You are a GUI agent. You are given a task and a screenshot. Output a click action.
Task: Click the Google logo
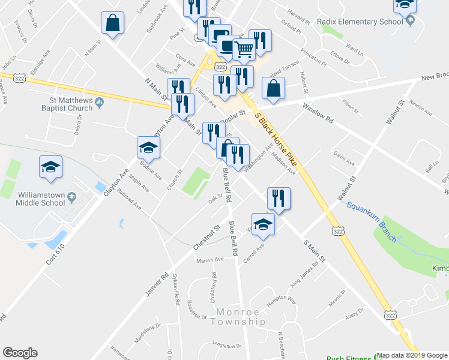tap(20, 353)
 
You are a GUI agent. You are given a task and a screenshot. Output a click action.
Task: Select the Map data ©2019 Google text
tap(411, 355)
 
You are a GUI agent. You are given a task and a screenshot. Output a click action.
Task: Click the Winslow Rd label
tap(318, 112)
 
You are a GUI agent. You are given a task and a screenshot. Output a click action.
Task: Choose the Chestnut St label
tap(205, 238)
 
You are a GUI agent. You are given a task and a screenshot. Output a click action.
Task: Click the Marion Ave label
tap(210, 260)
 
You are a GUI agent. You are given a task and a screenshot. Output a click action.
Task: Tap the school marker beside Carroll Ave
tap(262, 225)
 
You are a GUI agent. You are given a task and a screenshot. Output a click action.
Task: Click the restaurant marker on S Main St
tap(279, 199)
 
